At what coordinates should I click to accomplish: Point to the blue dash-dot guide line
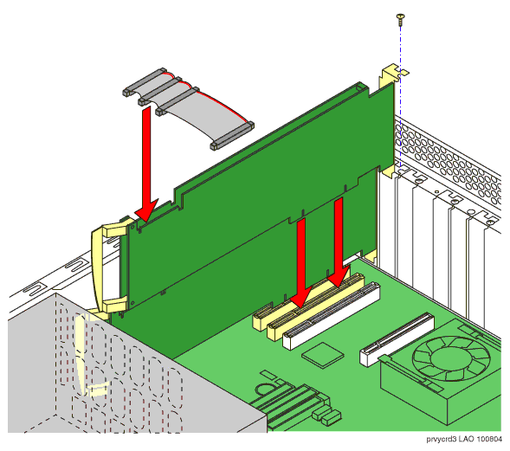[x=400, y=94]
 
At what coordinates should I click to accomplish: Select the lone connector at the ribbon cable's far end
[x=232, y=136]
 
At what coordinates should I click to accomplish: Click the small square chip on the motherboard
[x=322, y=355]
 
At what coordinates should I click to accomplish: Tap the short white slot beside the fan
[x=397, y=339]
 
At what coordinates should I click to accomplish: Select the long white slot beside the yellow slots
[x=331, y=316]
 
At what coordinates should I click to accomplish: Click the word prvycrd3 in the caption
[x=441, y=439]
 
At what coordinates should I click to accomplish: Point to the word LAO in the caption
[x=467, y=439]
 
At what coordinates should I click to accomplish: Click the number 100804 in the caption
[x=489, y=439]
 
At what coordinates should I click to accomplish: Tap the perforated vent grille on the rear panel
[x=449, y=163]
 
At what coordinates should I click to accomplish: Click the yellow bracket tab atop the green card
[x=390, y=75]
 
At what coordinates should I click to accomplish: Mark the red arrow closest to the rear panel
[x=339, y=242]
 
